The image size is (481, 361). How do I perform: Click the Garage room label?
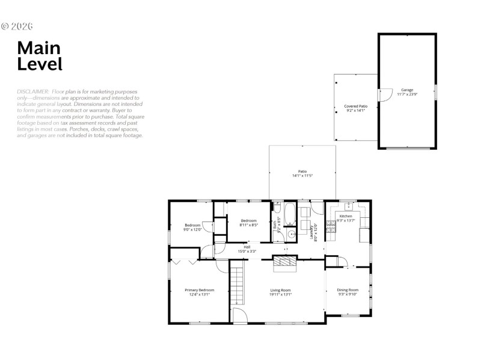407,90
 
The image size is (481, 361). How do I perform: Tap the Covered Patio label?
355,106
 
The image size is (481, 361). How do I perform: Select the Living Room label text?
280,290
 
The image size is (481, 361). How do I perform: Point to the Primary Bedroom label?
198,290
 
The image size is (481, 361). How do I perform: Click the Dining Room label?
348,290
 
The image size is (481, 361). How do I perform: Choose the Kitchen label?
346,215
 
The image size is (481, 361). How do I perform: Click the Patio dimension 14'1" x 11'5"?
302,176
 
